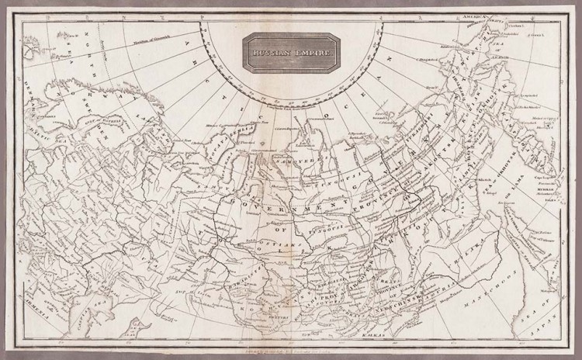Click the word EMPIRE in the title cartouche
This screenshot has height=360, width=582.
coord(314,53)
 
